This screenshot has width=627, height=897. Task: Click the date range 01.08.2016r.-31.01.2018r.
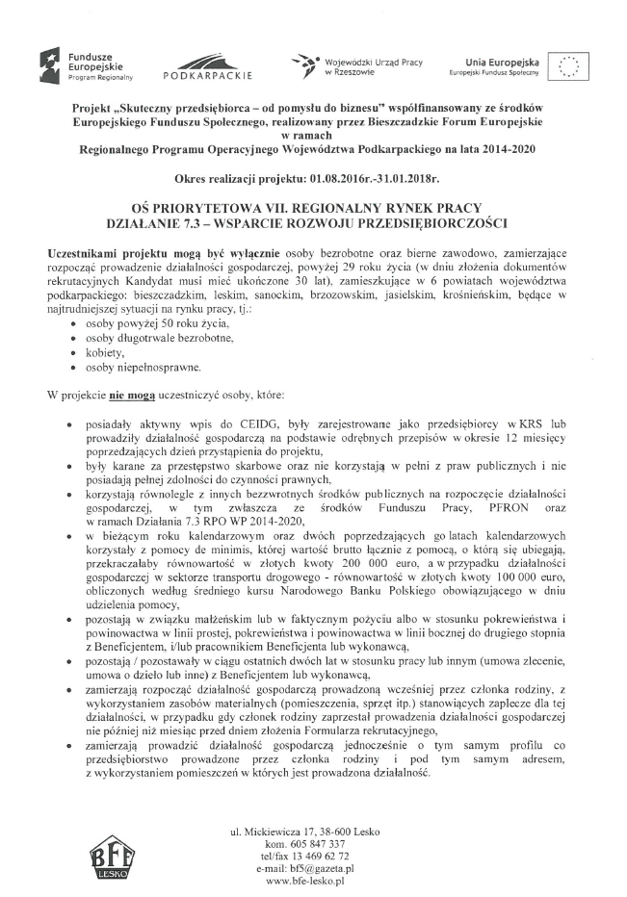(x=374, y=180)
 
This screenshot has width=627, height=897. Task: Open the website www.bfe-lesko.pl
(x=305, y=881)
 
